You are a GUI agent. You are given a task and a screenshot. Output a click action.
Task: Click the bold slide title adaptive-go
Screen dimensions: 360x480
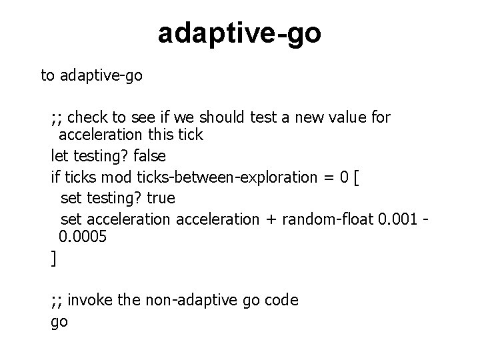[239, 33]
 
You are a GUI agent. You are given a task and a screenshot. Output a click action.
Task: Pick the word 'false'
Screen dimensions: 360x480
[150, 155]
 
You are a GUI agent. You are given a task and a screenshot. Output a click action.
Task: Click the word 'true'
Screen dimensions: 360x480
[160, 199]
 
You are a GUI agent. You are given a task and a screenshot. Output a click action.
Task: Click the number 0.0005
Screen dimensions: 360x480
[83, 237]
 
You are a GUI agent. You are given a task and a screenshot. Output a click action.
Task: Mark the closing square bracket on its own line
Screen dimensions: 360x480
[54, 259]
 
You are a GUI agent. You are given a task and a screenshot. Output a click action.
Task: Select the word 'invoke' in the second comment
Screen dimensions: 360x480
[91, 300]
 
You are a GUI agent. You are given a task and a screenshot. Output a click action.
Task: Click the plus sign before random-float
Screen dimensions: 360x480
[271, 219]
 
